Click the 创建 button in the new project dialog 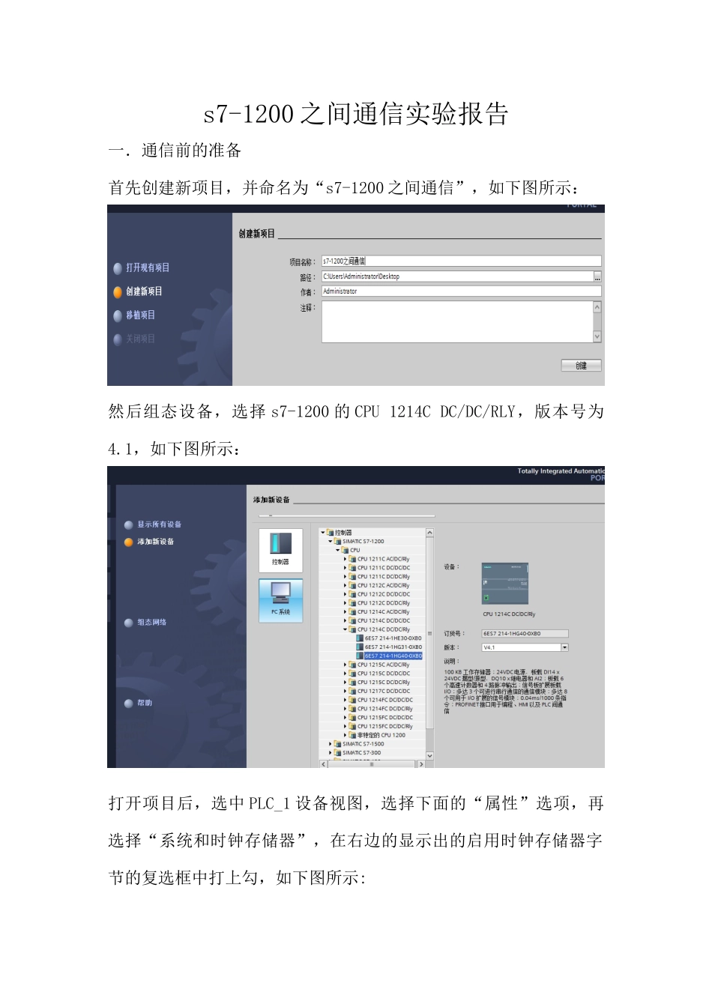pos(582,366)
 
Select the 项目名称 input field pos(461,261)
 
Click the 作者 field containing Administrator pos(461,291)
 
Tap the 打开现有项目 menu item pos(147,267)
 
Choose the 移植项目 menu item pos(140,315)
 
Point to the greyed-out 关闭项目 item pos(140,339)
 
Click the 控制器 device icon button pos(280,548)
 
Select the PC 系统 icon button pos(280,599)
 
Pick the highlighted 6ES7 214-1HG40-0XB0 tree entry pos(393,656)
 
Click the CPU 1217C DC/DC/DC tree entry pos(383,691)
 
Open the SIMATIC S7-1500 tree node pos(363,744)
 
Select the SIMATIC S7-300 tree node pos(361,753)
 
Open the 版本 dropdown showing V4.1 pos(564,647)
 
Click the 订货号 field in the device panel pos(524,634)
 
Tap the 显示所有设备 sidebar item pos(159,524)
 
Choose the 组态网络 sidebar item pos(151,623)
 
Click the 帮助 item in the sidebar pos(144,703)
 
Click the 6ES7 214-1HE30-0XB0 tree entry pos(393,638)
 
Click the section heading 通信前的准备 pos(191,151)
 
